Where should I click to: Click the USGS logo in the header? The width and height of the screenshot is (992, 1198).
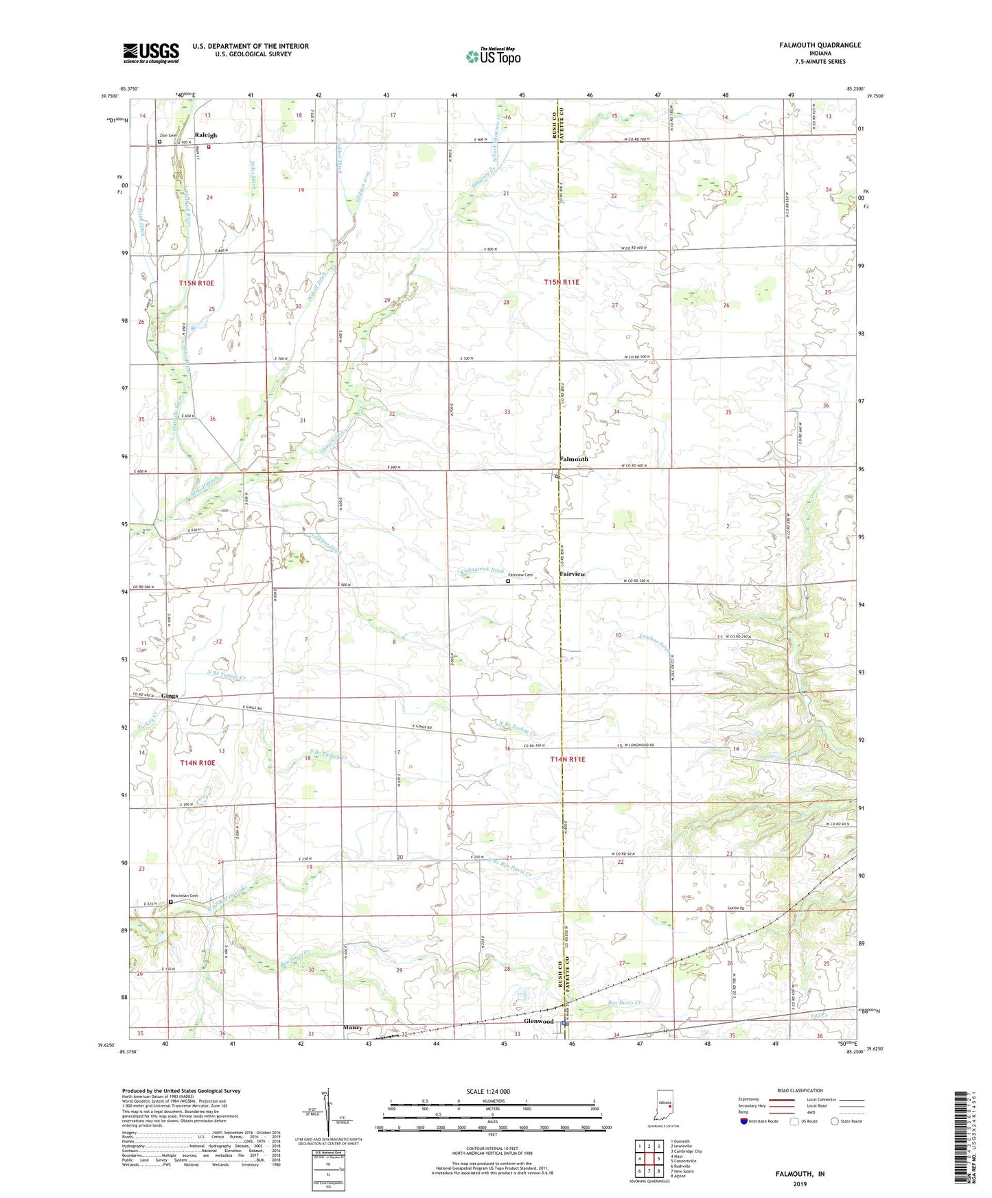point(150,53)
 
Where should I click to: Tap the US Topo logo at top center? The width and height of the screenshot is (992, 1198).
point(492,56)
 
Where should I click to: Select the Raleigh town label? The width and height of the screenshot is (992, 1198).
point(205,135)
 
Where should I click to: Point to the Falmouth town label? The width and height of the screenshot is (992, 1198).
point(573,459)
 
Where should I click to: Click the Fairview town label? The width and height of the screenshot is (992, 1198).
point(572,574)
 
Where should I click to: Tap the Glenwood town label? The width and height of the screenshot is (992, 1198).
point(538,1021)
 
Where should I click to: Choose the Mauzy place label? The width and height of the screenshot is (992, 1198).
point(352,1027)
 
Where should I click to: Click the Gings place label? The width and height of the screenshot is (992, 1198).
point(170,696)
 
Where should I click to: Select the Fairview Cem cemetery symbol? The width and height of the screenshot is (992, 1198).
point(508,581)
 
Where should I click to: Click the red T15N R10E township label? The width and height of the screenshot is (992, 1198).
point(196,283)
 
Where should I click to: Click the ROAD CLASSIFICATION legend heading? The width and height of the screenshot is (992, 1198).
point(799,1090)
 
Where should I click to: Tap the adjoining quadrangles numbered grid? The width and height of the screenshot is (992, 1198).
point(649,1159)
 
